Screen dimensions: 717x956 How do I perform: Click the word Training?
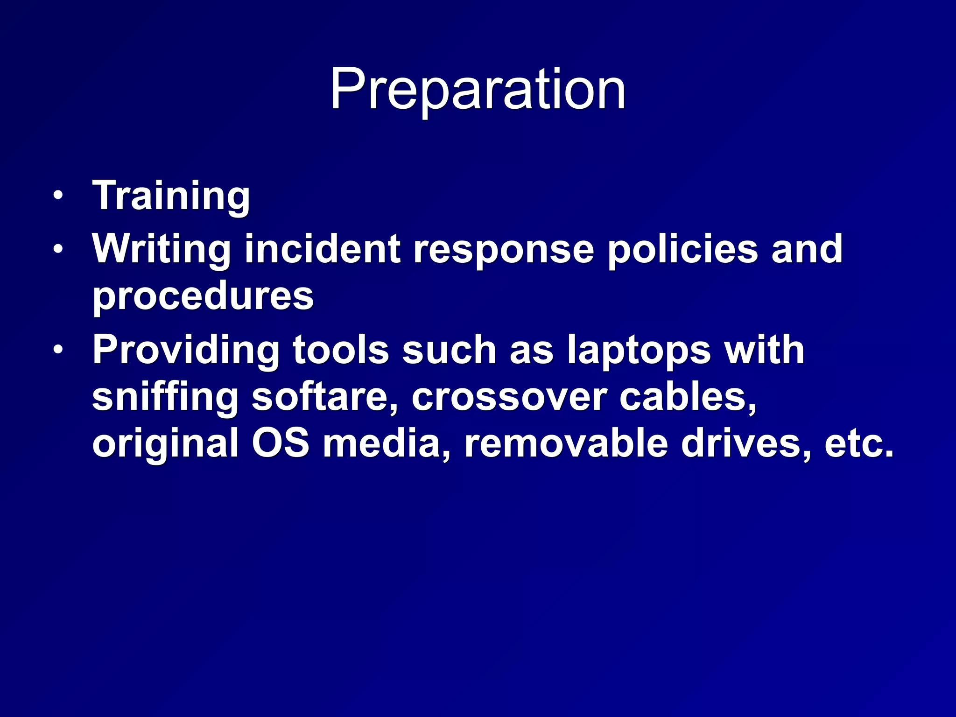pyautogui.click(x=171, y=196)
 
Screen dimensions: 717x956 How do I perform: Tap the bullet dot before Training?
pyautogui.click(x=57, y=196)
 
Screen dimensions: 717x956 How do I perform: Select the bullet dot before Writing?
pyautogui.click(x=57, y=249)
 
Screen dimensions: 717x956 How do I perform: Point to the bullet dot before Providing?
pyautogui.click(x=57, y=350)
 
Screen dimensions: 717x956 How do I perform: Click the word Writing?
pyautogui.click(x=162, y=249)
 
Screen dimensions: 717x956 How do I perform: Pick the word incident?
pyautogui.click(x=323, y=249)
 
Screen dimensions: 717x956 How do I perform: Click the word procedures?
pyautogui.click(x=203, y=296)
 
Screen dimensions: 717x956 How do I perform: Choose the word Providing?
pyautogui.click(x=186, y=350)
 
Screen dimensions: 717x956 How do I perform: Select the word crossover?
pyautogui.click(x=509, y=397)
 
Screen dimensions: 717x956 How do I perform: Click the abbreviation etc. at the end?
pyautogui.click(x=859, y=443)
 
